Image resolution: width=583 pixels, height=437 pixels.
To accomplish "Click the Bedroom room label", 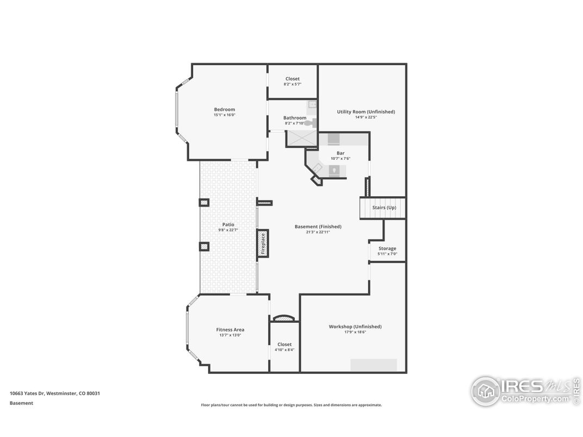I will point(224,109).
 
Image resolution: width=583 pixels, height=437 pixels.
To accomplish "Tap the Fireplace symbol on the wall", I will point(263,244).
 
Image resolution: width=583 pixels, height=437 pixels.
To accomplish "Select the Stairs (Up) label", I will point(384,208).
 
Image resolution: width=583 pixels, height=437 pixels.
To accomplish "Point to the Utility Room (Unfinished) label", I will point(365,111).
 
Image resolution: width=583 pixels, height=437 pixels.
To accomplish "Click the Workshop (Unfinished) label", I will point(355,326).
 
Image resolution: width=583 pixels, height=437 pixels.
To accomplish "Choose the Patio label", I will point(228,224).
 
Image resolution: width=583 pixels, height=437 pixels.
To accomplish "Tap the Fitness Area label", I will point(230,329).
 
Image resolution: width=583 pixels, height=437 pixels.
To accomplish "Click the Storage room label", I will point(387,248).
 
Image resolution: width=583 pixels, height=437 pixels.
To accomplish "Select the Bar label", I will point(340,153).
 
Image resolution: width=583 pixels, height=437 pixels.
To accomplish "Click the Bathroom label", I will point(295,117).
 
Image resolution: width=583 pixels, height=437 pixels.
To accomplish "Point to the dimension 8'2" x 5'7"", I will point(292,84).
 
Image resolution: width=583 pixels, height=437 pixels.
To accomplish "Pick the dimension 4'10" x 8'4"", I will point(284,349).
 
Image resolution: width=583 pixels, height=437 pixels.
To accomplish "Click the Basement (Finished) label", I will point(318,226).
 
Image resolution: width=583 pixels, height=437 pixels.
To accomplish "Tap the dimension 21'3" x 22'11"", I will point(318,232).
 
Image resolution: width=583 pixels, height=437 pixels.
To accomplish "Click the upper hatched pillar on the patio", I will point(204,203).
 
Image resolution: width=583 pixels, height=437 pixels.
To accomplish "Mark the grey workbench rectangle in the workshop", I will point(373,365).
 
